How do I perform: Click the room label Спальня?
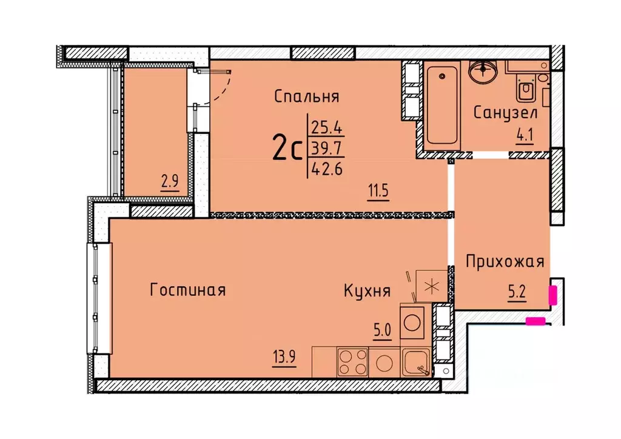pyautogui.click(x=306, y=96)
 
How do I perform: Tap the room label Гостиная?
pyautogui.click(x=187, y=290)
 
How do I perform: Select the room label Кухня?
pyautogui.click(x=366, y=291)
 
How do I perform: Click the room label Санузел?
pyautogui.click(x=505, y=113)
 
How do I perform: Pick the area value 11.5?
pyautogui.click(x=376, y=191)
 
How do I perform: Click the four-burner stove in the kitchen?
pyautogui.click(x=352, y=362)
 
